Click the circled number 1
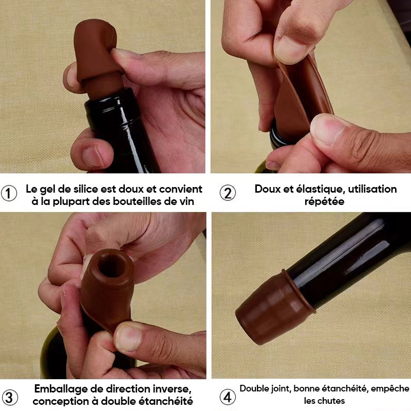(9, 194)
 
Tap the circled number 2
(228, 193)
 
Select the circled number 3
(10, 397)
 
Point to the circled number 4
(228, 397)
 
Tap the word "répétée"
(324, 201)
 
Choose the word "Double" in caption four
(254, 388)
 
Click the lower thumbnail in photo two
(327, 128)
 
